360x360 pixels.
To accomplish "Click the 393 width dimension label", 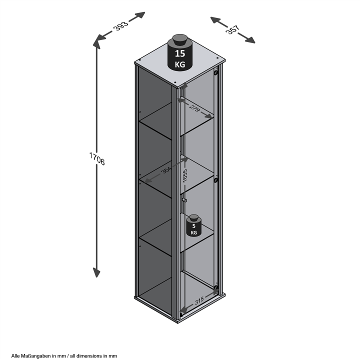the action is (121, 25).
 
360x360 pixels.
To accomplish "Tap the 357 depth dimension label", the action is (233, 29).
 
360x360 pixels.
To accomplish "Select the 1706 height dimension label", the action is (97, 158).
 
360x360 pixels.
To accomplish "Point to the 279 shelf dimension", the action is (194, 108).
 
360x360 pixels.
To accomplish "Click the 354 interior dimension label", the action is (166, 170).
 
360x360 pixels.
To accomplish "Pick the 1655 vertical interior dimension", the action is (185, 175).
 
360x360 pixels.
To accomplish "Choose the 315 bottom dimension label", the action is (199, 300).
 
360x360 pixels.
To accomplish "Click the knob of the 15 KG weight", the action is (180, 40).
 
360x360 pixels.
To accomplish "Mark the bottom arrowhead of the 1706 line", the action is (96, 272).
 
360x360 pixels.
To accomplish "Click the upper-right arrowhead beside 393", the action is (139, 15).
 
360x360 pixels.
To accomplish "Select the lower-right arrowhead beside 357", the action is (250, 40).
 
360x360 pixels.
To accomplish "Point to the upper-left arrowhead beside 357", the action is (215, 19).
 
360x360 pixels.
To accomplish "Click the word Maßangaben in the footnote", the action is (35, 356).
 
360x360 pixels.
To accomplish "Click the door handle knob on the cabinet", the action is (184, 200).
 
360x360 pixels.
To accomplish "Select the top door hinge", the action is (216, 73).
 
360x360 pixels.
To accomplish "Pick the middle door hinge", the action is (216, 180).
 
